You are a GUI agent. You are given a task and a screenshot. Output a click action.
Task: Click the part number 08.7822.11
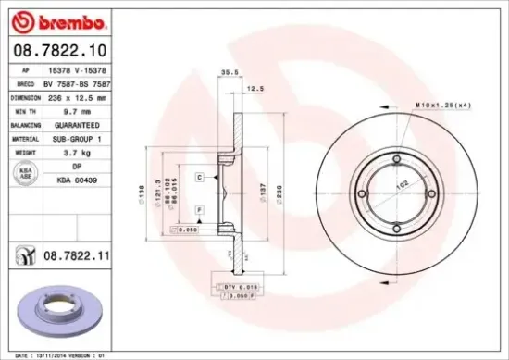tap(79, 251)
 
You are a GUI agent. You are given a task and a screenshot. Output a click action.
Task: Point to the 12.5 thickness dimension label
tap(254, 90)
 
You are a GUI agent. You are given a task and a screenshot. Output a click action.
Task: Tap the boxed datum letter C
tap(200, 175)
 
